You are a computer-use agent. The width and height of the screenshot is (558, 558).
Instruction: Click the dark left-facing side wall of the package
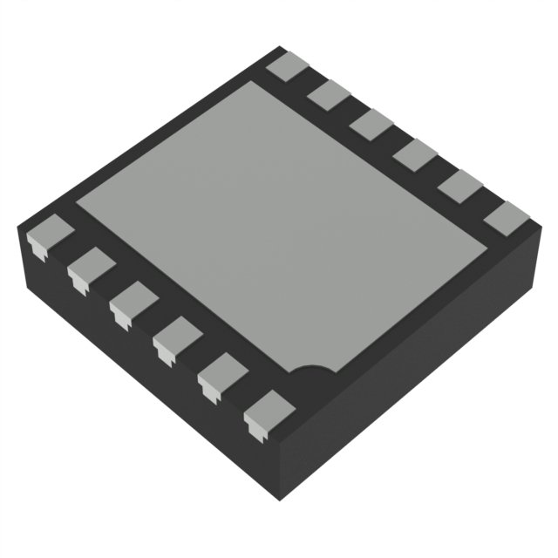(x=131, y=366)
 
